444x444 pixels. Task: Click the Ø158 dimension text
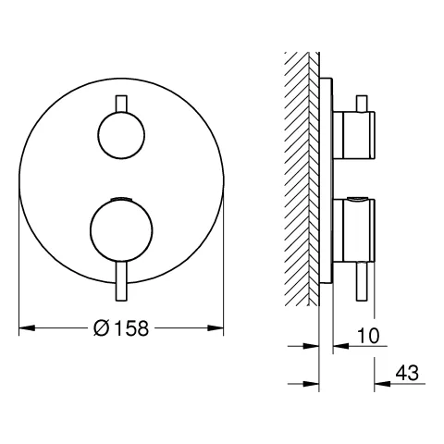point(122,327)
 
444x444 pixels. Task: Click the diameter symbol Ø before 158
point(103,327)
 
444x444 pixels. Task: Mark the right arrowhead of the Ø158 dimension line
point(219,327)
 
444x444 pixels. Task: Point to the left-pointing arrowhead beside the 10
point(337,348)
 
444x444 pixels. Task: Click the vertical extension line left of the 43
point(374,370)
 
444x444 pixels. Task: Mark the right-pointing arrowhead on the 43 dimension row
point(312,384)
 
